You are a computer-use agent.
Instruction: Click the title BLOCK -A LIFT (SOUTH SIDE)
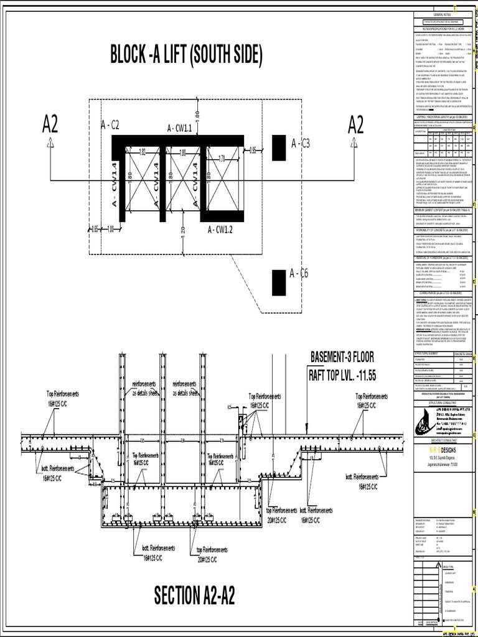point(187,56)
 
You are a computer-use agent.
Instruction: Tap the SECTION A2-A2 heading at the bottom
point(195,595)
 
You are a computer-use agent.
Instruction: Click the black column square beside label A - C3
point(279,148)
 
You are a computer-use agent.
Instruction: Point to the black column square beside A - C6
point(279,283)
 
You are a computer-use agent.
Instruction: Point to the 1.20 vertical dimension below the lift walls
point(183,231)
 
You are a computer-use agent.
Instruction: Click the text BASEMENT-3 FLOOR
point(342,358)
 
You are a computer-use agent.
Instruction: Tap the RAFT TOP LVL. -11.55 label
point(342,375)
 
